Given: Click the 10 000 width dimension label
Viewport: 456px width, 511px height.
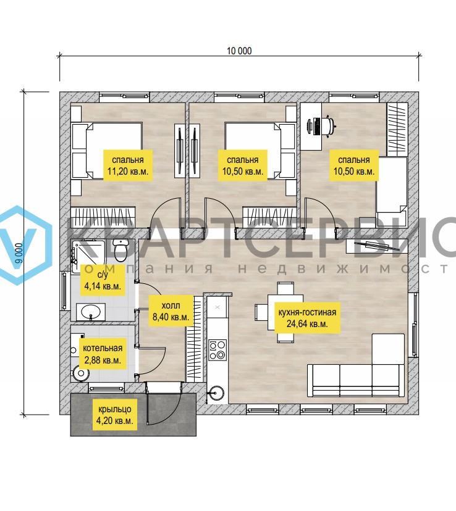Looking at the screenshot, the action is pyautogui.click(x=239, y=51).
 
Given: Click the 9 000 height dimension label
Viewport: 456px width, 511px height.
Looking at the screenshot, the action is pyautogui.click(x=19, y=253).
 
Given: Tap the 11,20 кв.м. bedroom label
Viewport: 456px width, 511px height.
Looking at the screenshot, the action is pyautogui.click(x=128, y=165).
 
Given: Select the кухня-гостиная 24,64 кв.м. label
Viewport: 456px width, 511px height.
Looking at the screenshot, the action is pyautogui.click(x=307, y=318).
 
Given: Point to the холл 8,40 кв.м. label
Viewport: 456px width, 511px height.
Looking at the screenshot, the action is pyautogui.click(x=171, y=311).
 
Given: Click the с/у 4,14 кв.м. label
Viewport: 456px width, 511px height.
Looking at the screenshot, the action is pyautogui.click(x=103, y=280).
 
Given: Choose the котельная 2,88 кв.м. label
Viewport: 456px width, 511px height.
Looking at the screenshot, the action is pyautogui.click(x=103, y=354).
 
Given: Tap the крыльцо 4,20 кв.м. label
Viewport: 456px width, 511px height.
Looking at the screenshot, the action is pyautogui.click(x=115, y=415).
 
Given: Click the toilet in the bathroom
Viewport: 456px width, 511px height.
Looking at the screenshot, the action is pyautogui.click(x=120, y=250).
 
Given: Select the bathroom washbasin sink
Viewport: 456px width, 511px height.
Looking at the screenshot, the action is pyautogui.click(x=91, y=312).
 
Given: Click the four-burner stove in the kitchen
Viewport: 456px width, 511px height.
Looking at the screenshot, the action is pyautogui.click(x=217, y=350).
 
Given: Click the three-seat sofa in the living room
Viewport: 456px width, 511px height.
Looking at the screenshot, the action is pyautogui.click(x=355, y=380).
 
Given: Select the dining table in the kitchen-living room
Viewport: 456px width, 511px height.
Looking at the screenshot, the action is pyautogui.click(x=285, y=312).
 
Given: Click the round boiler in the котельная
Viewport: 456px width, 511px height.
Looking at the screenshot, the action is pyautogui.click(x=81, y=373).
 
